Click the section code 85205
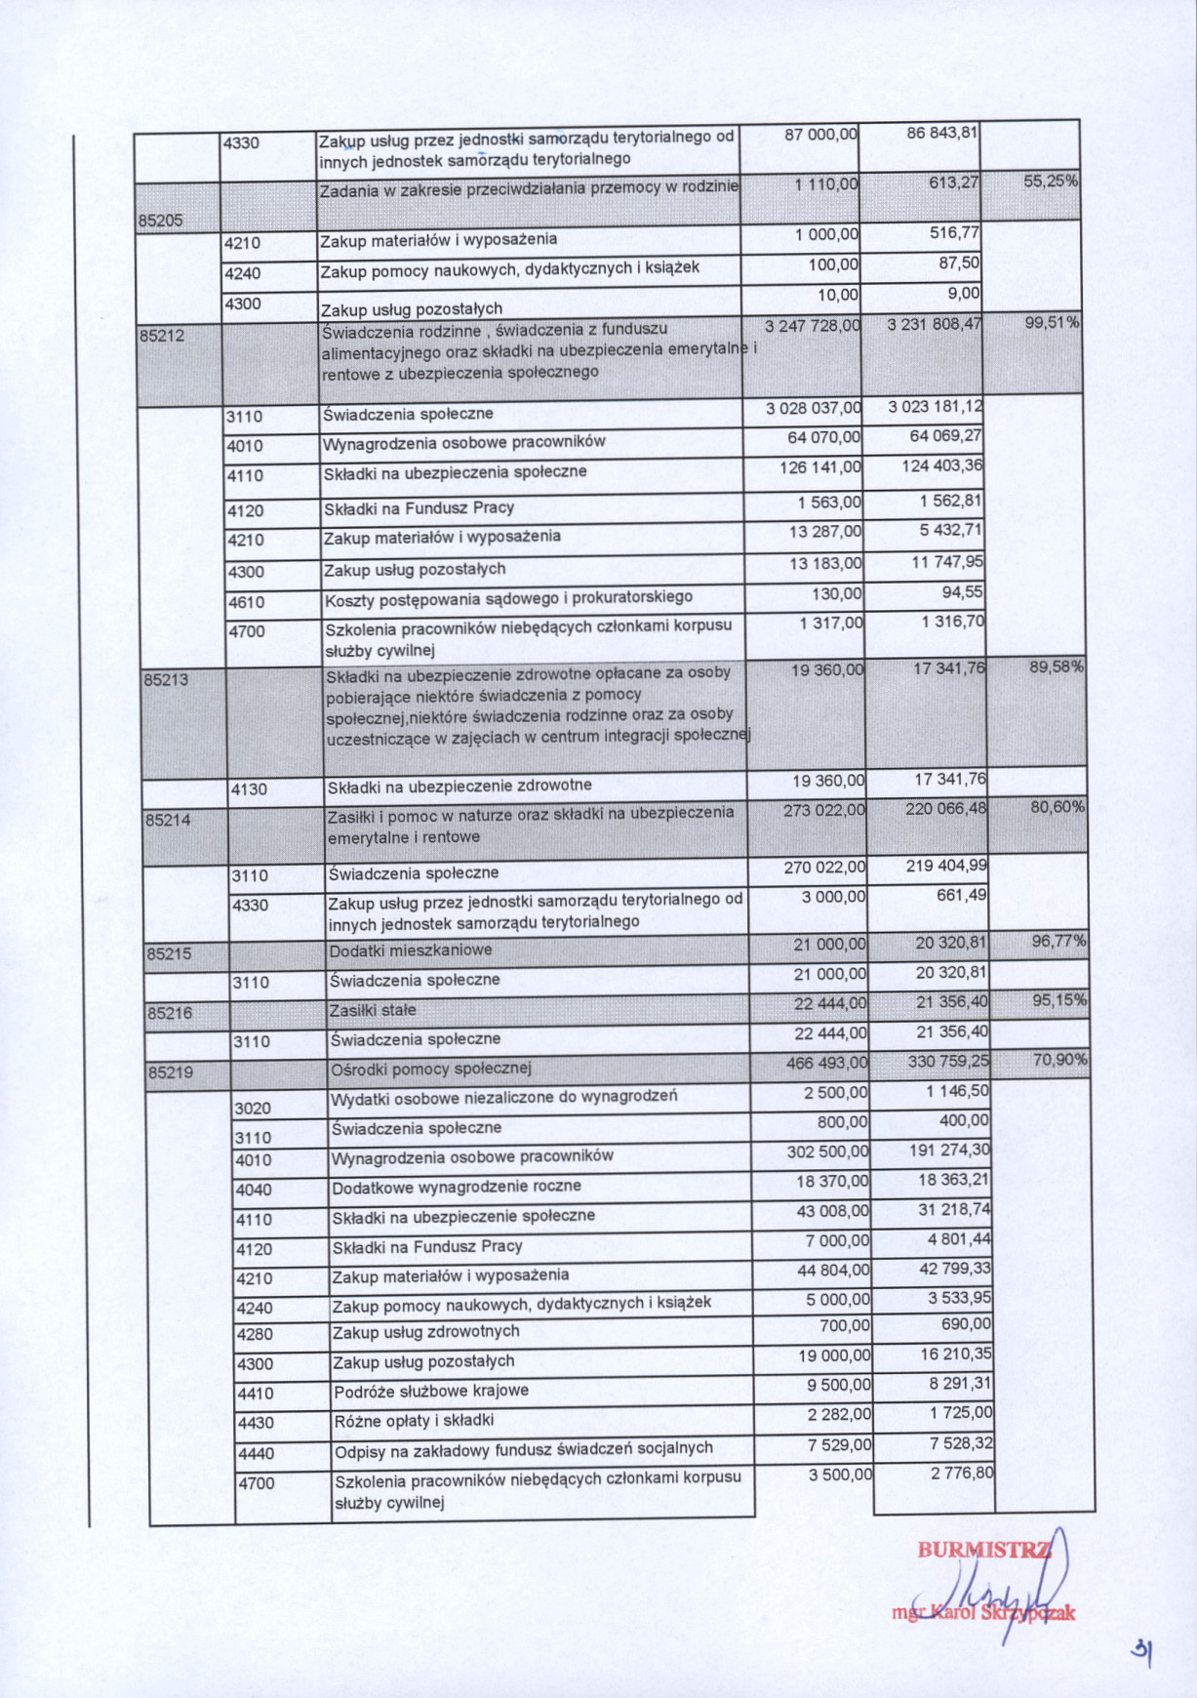pyautogui.click(x=161, y=221)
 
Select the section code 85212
pyautogui.click(x=162, y=336)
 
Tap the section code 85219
pyautogui.click(x=170, y=1072)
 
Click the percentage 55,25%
pyautogui.click(x=1051, y=182)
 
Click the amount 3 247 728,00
pyautogui.click(x=812, y=326)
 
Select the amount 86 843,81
pyautogui.click(x=941, y=133)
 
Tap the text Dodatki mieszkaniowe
pyautogui.click(x=410, y=950)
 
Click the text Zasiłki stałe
pyautogui.click(x=373, y=1010)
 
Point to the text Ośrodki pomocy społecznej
pyautogui.click(x=430, y=1069)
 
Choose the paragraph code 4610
pyautogui.click(x=246, y=602)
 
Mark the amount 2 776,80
pyautogui.click(x=962, y=1474)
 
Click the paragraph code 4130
pyautogui.click(x=249, y=789)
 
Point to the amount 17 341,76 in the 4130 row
pyautogui.click(x=950, y=780)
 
